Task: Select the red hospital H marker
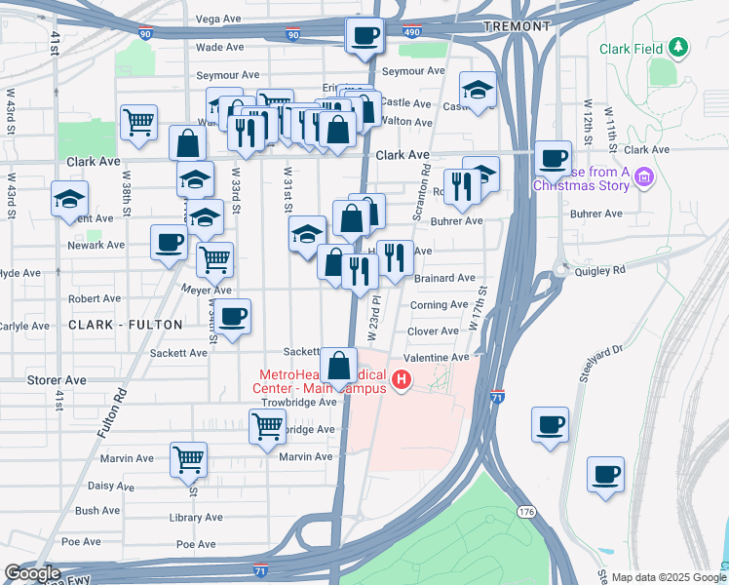point(400,378)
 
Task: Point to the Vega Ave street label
point(218,19)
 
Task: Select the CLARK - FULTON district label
point(126,324)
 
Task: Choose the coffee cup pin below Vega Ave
point(365,37)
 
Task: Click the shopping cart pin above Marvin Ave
point(267,426)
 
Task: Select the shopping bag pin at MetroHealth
point(338,368)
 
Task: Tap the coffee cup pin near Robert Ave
point(233,317)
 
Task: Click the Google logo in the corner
point(32,573)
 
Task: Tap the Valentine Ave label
point(430,358)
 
